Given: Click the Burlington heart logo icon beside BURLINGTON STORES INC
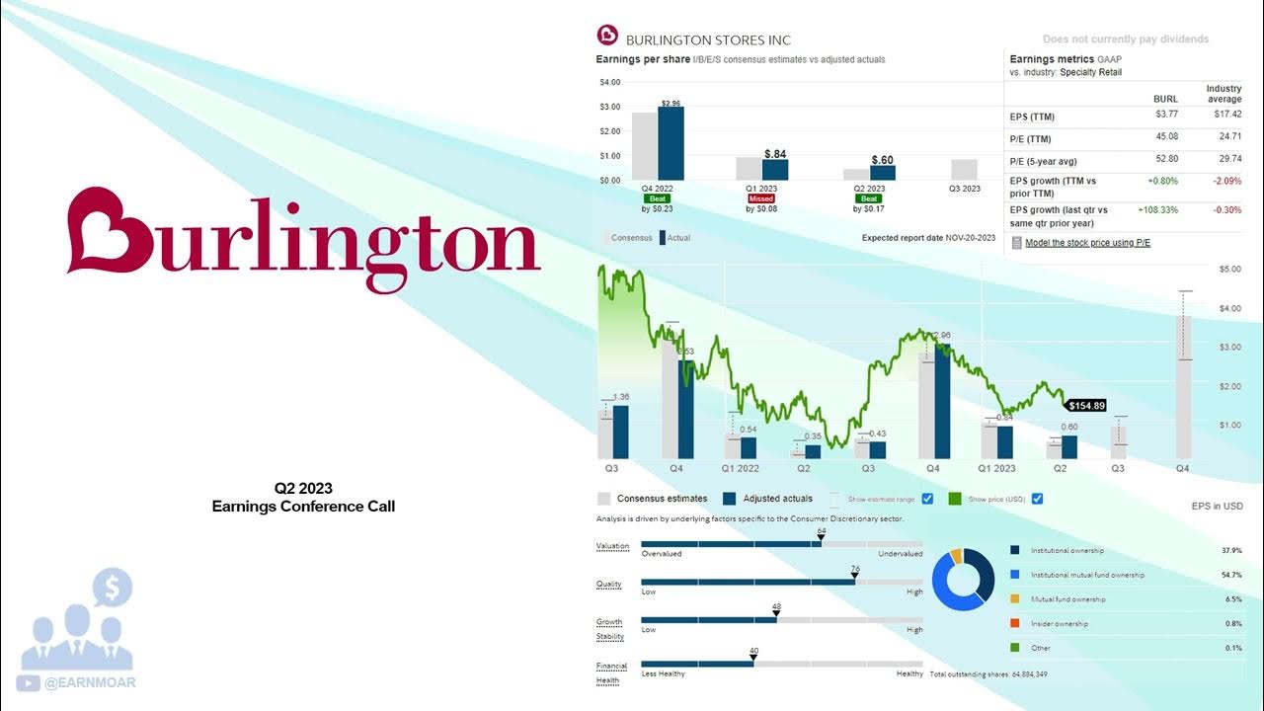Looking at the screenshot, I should pyautogui.click(x=607, y=36).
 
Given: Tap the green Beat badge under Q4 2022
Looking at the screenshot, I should pyautogui.click(x=658, y=198).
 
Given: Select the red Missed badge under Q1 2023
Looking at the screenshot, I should pyautogui.click(x=761, y=198).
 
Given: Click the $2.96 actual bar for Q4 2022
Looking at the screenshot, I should pyautogui.click(x=671, y=143).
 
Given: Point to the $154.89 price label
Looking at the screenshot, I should pyautogui.click(x=1087, y=405).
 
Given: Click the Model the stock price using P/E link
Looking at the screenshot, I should pyautogui.click(x=1087, y=243).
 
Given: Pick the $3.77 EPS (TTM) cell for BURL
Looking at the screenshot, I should pyautogui.click(x=1166, y=116).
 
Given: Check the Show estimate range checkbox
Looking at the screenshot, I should pyautogui.click(x=927, y=499).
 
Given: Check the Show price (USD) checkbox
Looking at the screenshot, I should pyautogui.click(x=1037, y=499).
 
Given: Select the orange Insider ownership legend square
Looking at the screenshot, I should pyautogui.click(x=1015, y=623).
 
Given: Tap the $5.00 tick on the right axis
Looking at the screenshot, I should pyautogui.click(x=1229, y=269).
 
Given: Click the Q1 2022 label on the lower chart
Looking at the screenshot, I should pyautogui.click(x=741, y=469).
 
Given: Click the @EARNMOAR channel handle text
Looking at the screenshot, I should pyautogui.click(x=90, y=682).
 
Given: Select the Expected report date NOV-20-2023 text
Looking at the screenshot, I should pyautogui.click(x=928, y=238).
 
